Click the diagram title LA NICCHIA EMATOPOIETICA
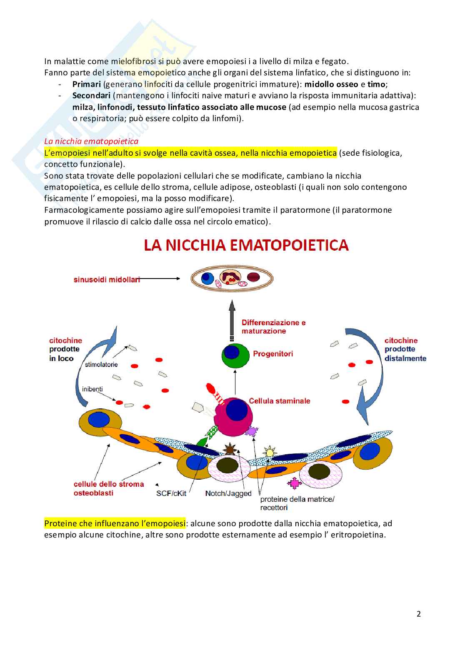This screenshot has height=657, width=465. (x=246, y=245)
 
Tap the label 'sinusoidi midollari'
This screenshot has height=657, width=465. (x=107, y=279)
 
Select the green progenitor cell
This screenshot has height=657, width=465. (x=235, y=355)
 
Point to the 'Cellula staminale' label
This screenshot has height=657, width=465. (x=279, y=401)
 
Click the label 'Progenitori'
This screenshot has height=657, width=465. (x=272, y=354)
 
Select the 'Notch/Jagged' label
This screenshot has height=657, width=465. (x=228, y=493)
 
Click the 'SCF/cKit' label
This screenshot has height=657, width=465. (x=171, y=493)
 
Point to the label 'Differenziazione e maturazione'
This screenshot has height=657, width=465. (x=273, y=327)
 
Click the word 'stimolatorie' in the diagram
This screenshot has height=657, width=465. (x=101, y=364)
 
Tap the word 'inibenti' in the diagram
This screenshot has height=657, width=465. (x=92, y=389)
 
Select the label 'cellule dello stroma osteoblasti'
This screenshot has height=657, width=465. (x=109, y=488)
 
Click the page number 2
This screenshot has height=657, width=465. (x=419, y=614)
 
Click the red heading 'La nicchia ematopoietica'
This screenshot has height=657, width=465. (x=91, y=141)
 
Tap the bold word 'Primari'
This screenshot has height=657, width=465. (x=86, y=84)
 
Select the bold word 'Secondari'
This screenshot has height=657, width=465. (x=91, y=95)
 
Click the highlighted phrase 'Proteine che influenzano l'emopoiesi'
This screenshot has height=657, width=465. (x=115, y=523)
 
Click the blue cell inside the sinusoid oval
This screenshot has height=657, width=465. (x=207, y=279)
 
